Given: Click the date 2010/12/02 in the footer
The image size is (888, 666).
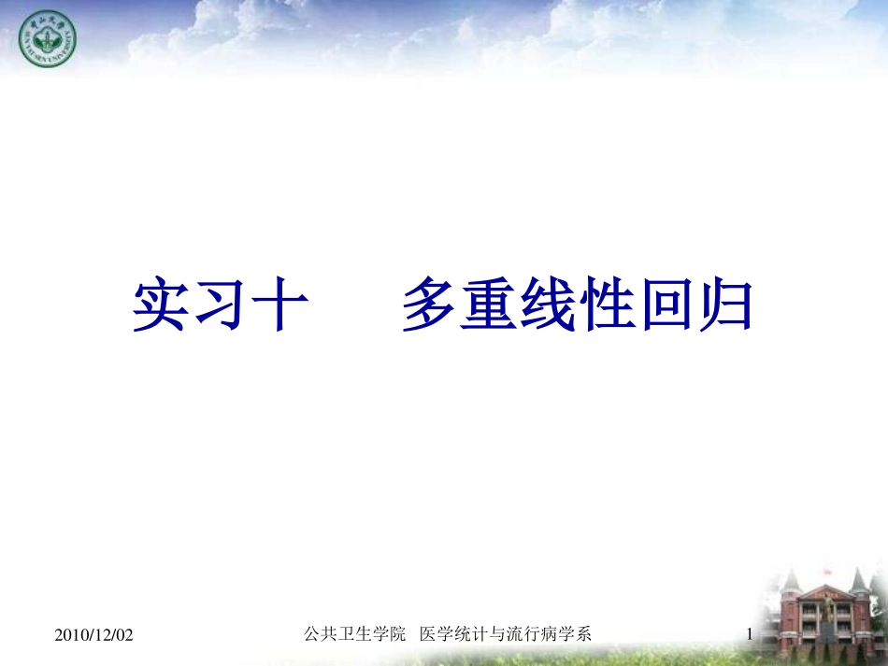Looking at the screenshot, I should tap(94, 635).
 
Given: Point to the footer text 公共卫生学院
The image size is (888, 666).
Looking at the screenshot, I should tap(355, 634).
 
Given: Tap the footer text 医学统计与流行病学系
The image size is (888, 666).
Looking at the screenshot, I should tap(506, 634).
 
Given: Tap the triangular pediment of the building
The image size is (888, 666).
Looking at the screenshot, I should tap(826, 591).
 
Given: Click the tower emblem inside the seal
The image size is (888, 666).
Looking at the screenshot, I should tap(48, 42).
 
